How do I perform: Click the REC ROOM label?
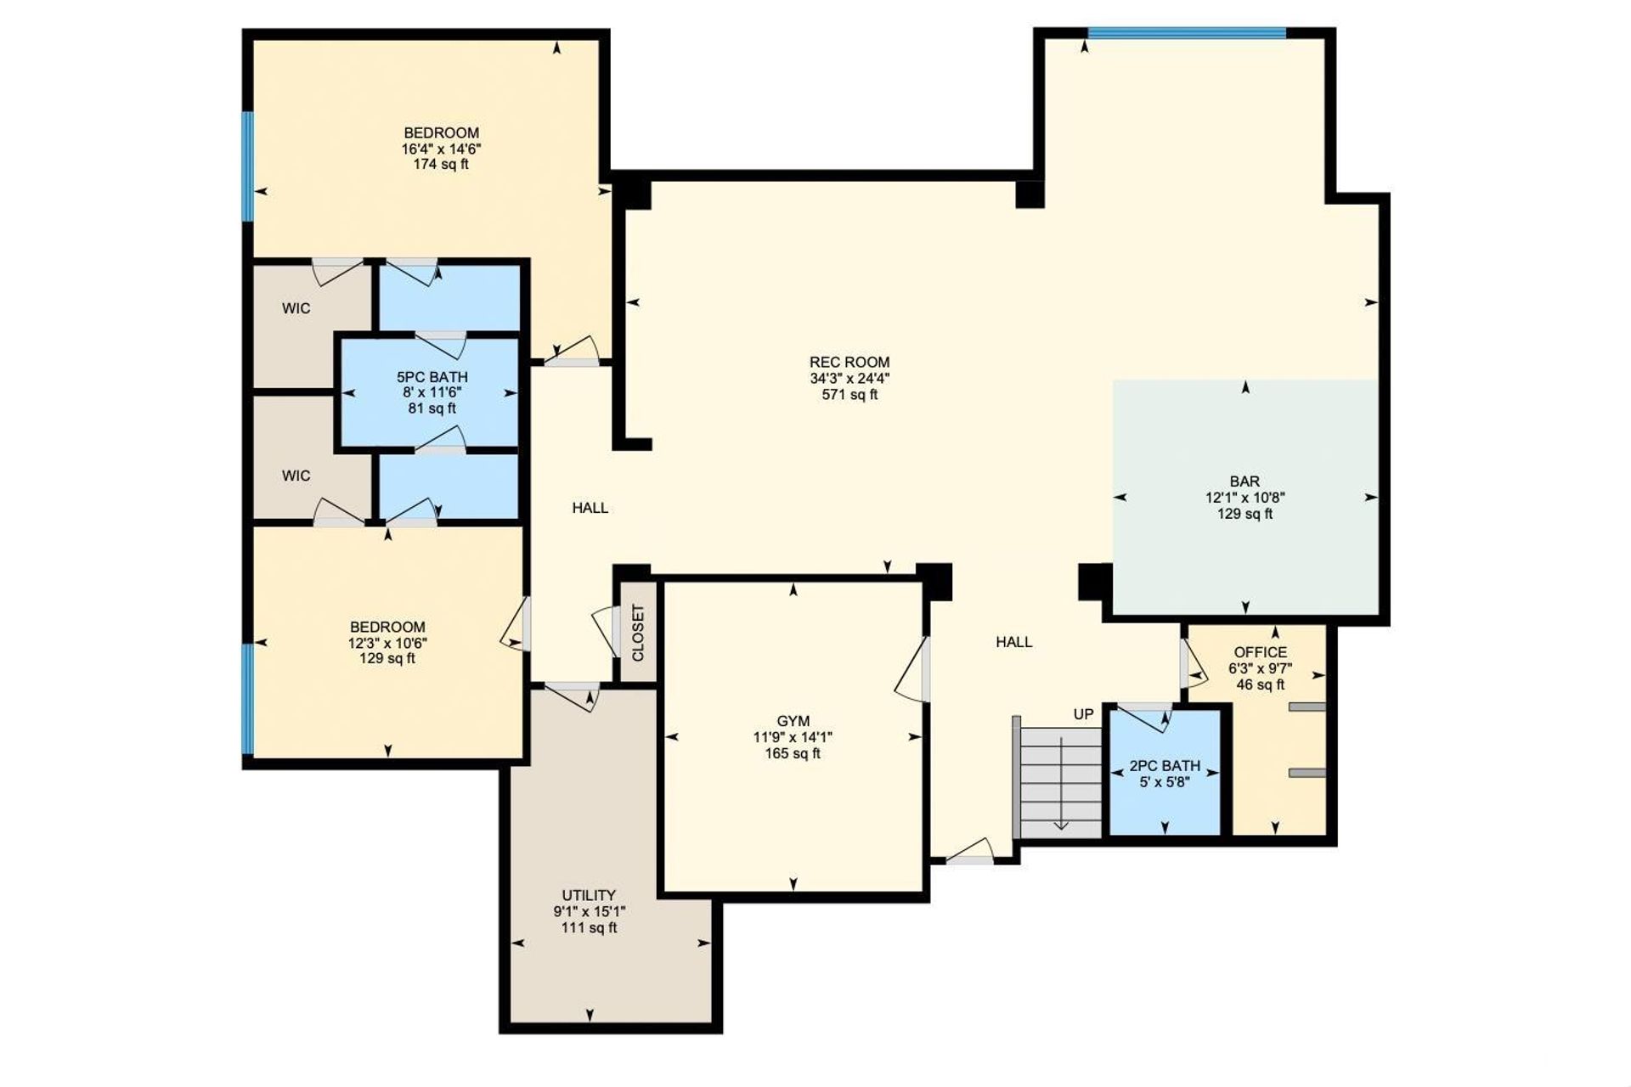pos(849,363)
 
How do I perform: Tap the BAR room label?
pos(1244,482)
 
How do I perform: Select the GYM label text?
pos(793,721)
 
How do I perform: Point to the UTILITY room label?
pos(589,895)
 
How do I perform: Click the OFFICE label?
pos(1261,652)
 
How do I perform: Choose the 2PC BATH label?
pos(1165,766)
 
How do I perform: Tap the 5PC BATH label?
pos(432,377)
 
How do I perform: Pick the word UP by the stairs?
pos(1083,714)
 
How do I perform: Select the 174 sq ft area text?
pos(441,164)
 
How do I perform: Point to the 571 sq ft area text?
pos(849,395)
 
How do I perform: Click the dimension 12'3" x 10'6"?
pos(387,643)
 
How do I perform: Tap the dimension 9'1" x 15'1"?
pos(590,911)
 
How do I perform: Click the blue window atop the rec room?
pos(1187,33)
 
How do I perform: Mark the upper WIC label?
pos(296,308)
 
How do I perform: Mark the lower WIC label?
pos(296,476)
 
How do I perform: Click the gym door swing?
pos(912,671)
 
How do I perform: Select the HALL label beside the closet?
pos(590,508)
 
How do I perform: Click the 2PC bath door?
pos(1146,716)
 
